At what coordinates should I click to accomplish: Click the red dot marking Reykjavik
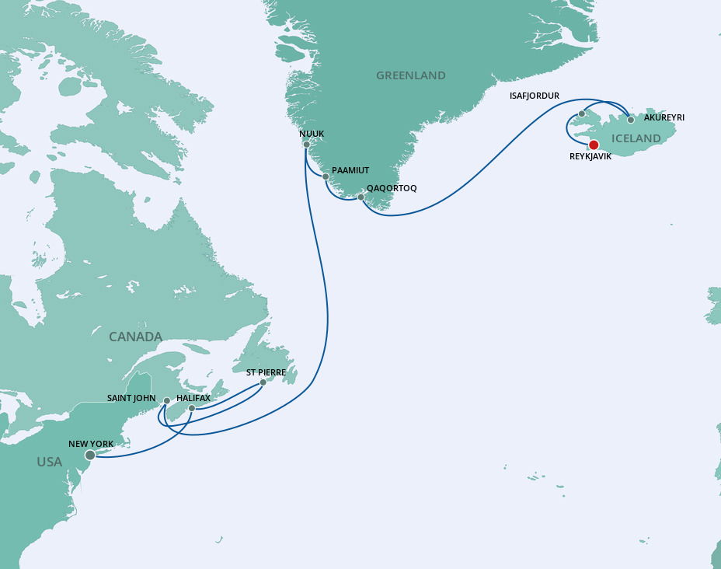click(x=594, y=145)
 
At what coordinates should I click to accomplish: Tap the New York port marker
click(x=90, y=455)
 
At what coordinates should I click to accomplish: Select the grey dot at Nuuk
click(x=307, y=145)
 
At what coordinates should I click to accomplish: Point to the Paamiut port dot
click(x=326, y=176)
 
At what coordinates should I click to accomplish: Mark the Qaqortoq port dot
click(x=360, y=197)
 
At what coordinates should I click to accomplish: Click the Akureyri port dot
click(x=631, y=120)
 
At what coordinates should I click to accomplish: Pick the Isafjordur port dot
click(x=581, y=114)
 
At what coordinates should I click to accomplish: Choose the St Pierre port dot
click(x=263, y=382)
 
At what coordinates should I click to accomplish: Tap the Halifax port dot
click(x=192, y=407)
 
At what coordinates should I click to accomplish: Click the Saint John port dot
click(x=166, y=401)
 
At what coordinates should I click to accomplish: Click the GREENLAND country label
click(x=410, y=75)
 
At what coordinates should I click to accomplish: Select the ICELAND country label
click(x=636, y=139)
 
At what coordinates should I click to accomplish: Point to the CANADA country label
click(x=135, y=337)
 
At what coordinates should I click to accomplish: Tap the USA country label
click(x=49, y=462)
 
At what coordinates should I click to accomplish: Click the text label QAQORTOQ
click(x=392, y=188)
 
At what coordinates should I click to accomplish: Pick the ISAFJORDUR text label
click(x=534, y=96)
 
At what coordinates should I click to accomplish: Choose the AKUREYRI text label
click(x=664, y=117)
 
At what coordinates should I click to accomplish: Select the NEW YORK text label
click(x=91, y=444)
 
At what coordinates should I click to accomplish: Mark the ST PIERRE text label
click(x=266, y=372)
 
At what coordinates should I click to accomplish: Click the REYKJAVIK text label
click(x=590, y=156)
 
